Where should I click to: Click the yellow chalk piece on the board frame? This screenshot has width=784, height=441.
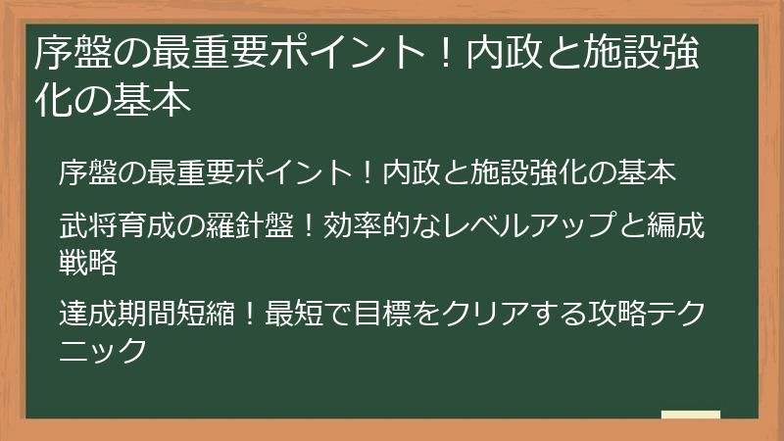tap(690, 415)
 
